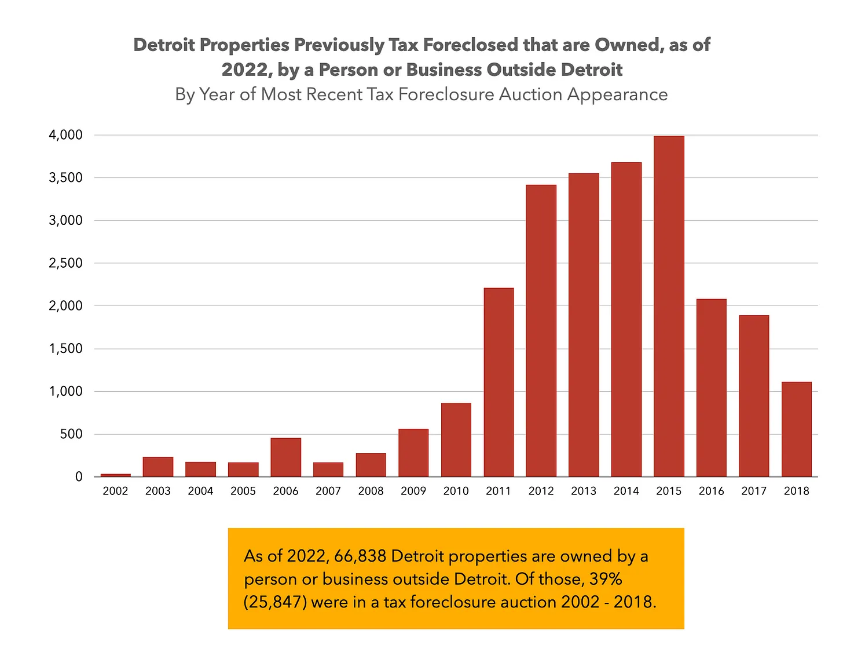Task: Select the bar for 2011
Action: [x=499, y=382]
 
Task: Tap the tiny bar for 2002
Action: [x=115, y=475]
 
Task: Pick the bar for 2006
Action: [x=285, y=457]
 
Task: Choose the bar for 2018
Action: [x=796, y=429]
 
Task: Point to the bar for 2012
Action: [x=541, y=330]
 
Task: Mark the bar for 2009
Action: [x=413, y=453]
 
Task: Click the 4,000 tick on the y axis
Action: [x=66, y=135]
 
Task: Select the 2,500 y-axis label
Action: [x=66, y=263]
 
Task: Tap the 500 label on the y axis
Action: [x=71, y=434]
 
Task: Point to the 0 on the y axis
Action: [x=79, y=477]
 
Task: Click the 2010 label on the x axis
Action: [x=456, y=491]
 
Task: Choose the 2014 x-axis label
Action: [x=626, y=491]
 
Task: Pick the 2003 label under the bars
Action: [x=157, y=491]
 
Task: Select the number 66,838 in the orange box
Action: [x=360, y=556]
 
